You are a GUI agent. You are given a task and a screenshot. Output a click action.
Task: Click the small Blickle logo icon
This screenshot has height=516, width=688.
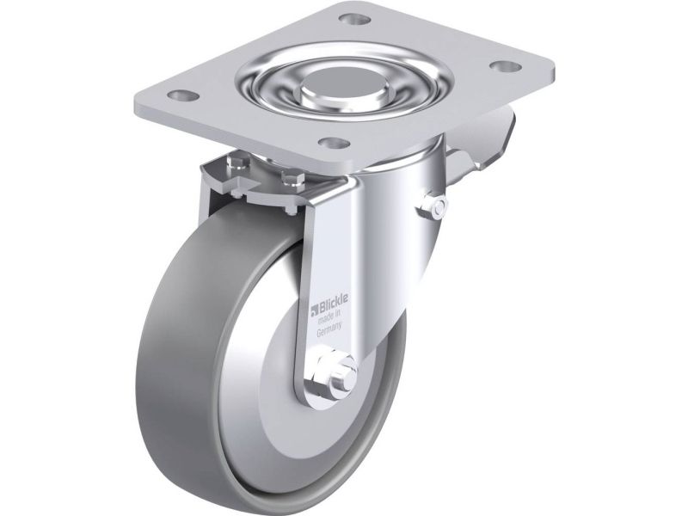pyautogui.click(x=314, y=311)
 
